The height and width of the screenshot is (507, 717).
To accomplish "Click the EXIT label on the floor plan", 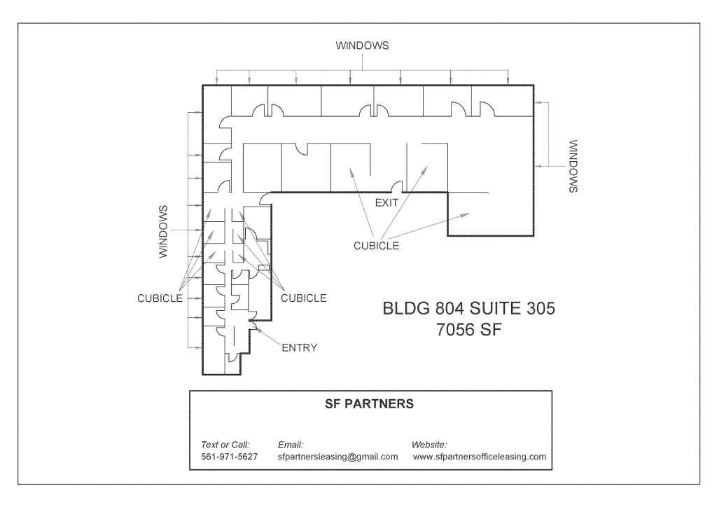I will (387, 202).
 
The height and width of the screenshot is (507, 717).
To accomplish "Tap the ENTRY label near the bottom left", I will (298, 347).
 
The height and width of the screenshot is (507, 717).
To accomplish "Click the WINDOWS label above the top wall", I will (361, 46).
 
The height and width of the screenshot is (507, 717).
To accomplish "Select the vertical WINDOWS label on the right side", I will (573, 167).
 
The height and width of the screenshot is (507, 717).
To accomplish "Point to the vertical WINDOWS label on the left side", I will (165, 232).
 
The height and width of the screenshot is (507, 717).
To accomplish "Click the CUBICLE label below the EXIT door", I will (377, 246).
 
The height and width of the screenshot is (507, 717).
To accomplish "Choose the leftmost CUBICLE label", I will (160, 298).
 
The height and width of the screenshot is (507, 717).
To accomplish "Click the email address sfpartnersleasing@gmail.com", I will (337, 457).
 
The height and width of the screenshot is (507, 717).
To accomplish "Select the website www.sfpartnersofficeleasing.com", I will (479, 457).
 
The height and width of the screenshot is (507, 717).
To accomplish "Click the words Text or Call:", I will (225, 444).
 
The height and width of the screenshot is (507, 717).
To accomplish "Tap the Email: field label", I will (290, 444).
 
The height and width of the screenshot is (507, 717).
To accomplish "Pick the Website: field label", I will (430, 444).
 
